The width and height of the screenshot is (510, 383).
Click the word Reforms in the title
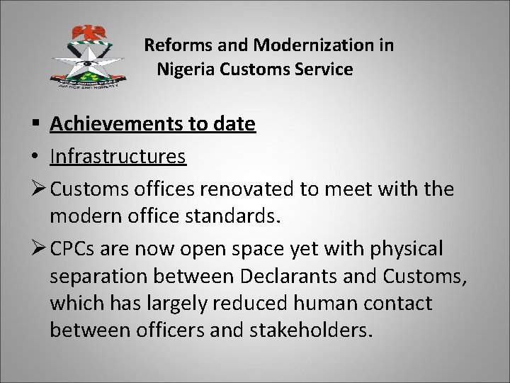point(173,46)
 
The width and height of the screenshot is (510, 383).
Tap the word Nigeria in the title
point(183,70)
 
